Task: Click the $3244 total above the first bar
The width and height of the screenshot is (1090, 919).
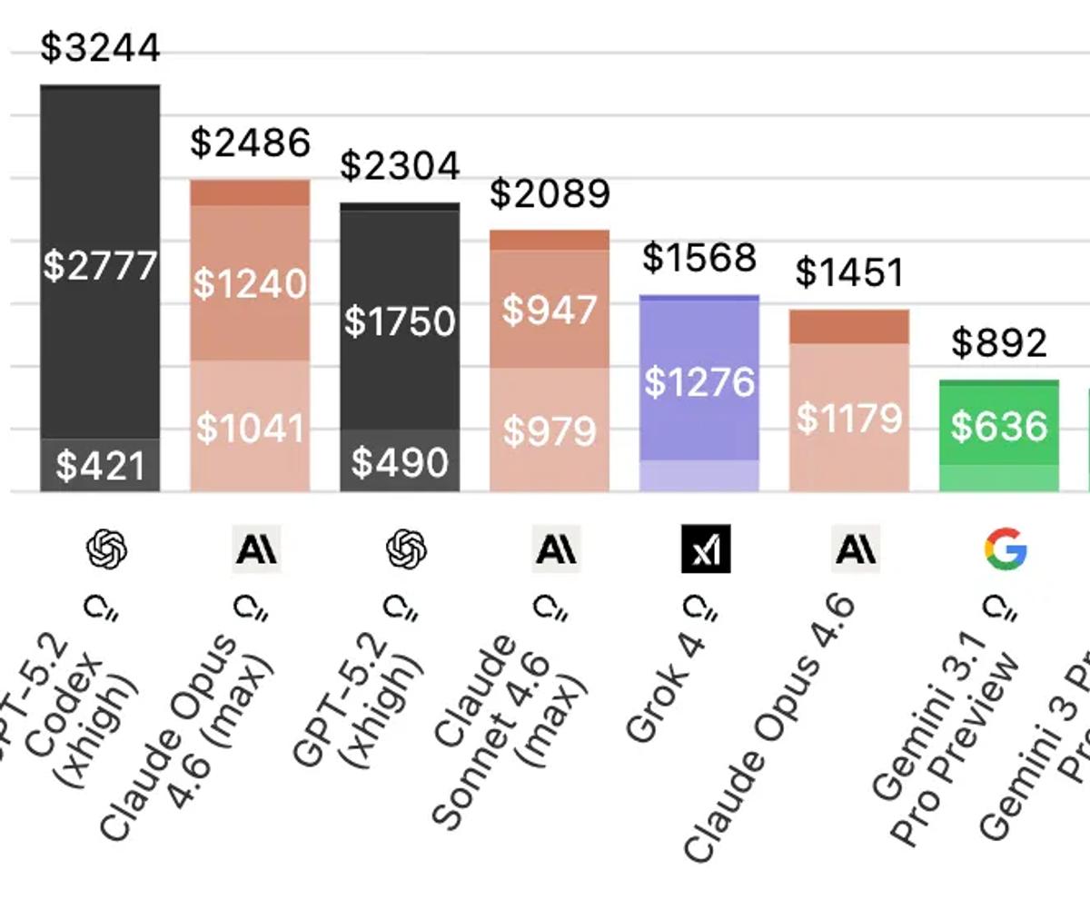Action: tap(100, 47)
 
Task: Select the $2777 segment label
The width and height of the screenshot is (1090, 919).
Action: tap(100, 266)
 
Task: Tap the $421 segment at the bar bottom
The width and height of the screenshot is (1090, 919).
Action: tap(100, 466)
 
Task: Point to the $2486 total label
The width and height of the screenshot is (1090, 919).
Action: tap(250, 143)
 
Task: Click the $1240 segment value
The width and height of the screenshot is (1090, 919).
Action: tap(250, 284)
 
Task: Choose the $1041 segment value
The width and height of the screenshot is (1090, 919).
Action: tap(250, 428)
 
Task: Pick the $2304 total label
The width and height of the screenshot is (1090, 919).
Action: tap(400, 166)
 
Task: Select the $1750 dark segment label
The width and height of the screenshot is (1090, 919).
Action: tap(400, 321)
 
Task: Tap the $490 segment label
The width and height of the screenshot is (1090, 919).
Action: tap(400, 463)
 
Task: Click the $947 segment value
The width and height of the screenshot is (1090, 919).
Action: tap(550, 311)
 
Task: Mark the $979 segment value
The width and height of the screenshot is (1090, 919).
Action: tap(550, 430)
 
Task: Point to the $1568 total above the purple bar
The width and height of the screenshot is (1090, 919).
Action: tap(699, 258)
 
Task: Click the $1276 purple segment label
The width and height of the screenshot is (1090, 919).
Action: tap(699, 381)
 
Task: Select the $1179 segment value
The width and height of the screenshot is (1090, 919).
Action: tap(849, 419)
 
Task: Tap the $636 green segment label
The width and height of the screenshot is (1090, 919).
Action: tap(999, 426)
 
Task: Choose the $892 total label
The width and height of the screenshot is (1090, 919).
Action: tap(999, 342)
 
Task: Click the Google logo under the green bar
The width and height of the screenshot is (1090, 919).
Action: tap(1006, 549)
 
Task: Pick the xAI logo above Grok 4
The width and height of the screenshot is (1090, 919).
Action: tap(706, 549)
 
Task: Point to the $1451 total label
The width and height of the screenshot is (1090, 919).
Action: tap(849, 272)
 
